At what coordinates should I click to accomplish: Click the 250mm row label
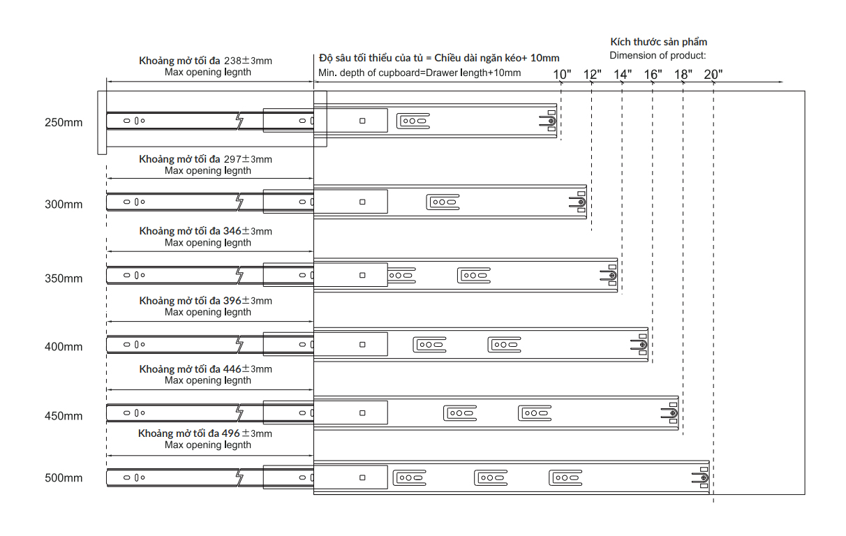pos(64,122)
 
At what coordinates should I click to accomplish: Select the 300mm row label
pos(64,204)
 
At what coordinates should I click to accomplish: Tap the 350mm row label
pos(64,278)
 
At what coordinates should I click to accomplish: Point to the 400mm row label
pos(64,347)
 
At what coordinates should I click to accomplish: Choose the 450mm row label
pos(64,416)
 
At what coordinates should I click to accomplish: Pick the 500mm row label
pos(64,478)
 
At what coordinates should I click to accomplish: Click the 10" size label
pos(562,75)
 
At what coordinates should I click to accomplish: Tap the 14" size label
pos(623,75)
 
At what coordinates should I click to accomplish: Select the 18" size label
pos(683,75)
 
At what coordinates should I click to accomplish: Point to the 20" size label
pos(713,75)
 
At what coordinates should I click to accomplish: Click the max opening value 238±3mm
pos(248,61)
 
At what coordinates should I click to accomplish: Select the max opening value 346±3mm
pos(247,231)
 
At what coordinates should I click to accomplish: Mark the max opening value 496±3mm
pos(246,433)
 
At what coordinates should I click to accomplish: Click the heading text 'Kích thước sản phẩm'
pos(658,42)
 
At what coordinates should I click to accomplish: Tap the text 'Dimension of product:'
pos(658,56)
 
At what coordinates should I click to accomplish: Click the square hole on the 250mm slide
pos(362,121)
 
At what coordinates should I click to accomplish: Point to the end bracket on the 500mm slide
pos(700,477)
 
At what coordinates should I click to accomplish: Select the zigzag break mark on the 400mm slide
pos(239,345)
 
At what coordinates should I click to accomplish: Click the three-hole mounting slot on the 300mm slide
pos(443,202)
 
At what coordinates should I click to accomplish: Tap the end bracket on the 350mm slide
pos(609,276)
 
